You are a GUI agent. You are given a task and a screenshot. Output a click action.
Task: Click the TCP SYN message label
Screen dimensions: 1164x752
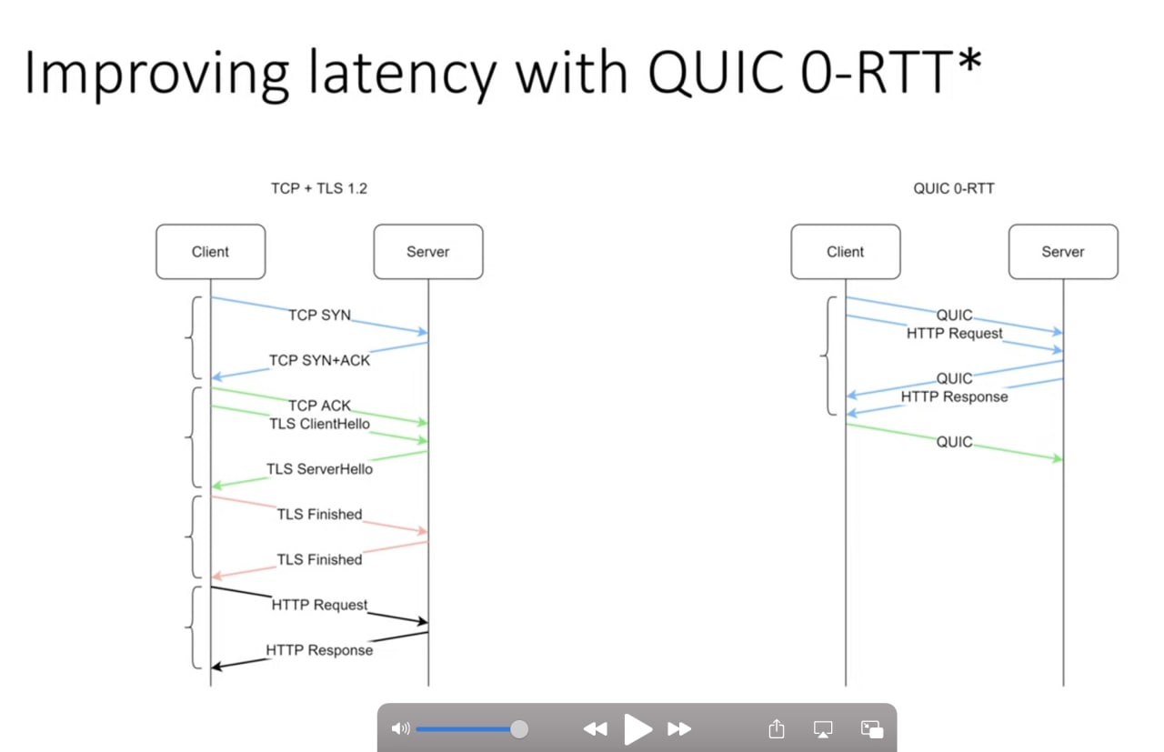point(319,315)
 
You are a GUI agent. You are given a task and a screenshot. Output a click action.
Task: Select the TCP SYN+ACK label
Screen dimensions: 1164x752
point(319,360)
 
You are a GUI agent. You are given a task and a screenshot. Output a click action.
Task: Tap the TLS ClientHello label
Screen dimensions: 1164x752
point(319,424)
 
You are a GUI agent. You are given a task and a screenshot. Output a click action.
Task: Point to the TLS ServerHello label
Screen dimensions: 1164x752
point(319,469)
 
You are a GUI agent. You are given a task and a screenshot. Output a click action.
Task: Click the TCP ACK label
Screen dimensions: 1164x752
point(319,406)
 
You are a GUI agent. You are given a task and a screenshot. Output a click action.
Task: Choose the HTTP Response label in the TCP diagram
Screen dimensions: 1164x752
point(319,649)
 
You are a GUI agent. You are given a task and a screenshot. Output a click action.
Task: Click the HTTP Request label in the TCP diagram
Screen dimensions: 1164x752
point(319,605)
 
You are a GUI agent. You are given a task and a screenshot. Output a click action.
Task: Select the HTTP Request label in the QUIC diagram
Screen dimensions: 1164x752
point(955,333)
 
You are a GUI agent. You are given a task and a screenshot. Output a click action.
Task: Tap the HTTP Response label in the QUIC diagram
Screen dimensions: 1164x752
point(955,396)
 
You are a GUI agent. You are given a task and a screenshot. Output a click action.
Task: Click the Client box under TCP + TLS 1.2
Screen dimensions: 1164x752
point(211,252)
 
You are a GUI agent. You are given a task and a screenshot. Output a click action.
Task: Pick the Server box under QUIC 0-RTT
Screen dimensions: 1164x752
point(1063,252)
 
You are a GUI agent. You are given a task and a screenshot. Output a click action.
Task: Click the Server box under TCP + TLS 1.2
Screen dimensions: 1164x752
point(428,252)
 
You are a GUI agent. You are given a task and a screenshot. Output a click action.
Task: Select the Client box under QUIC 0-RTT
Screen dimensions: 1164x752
point(846,252)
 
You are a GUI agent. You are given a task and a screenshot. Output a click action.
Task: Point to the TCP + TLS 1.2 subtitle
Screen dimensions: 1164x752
point(319,188)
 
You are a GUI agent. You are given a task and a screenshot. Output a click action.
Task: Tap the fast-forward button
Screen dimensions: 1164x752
point(679,729)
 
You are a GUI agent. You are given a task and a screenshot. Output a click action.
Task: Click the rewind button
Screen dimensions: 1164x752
point(596,729)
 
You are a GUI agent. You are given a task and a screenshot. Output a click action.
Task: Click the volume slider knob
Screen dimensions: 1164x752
point(518,729)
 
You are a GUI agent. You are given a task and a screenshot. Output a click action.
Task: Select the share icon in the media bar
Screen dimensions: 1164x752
point(777,728)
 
